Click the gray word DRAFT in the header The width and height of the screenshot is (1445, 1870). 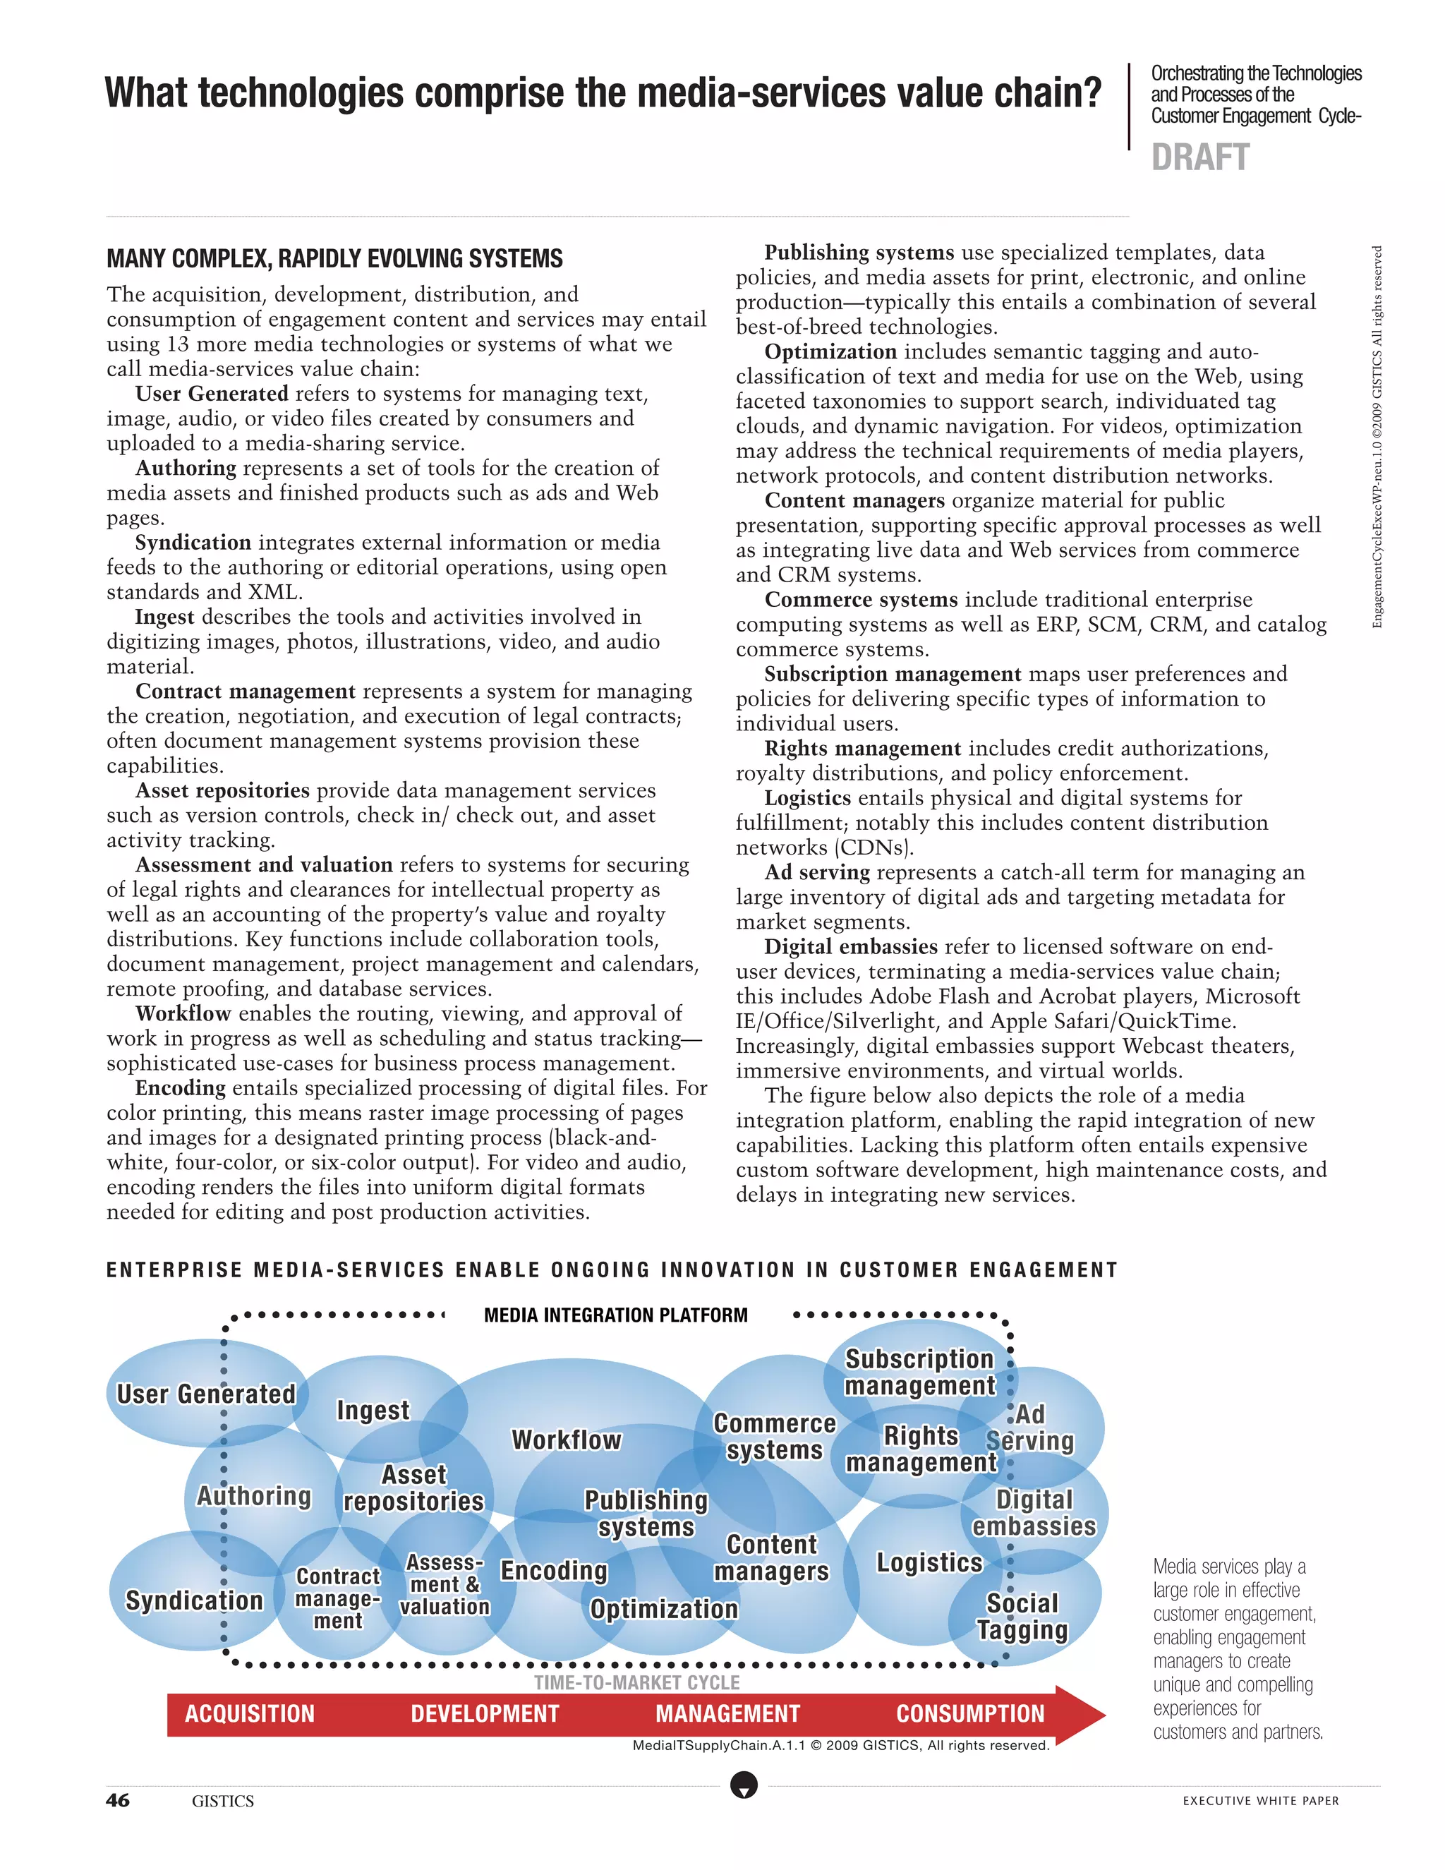[1200, 157]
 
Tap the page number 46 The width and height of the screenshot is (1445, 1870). [118, 1800]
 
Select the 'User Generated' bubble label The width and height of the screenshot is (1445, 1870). [205, 1394]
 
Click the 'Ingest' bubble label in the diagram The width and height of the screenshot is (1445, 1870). [373, 1410]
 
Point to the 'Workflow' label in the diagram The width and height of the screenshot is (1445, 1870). [566, 1440]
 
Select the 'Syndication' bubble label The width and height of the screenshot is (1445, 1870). [194, 1600]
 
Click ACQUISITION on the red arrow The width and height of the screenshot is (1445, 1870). [250, 1713]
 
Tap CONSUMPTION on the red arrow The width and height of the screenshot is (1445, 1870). [970, 1713]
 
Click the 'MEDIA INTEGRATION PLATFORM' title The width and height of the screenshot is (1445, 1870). [615, 1315]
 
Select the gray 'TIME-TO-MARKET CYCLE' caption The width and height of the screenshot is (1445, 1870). [637, 1682]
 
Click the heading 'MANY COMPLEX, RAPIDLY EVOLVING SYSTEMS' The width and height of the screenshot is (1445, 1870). [334, 258]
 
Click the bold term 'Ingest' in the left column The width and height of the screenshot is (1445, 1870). [164, 617]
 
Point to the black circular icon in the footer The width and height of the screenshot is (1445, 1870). [744, 1786]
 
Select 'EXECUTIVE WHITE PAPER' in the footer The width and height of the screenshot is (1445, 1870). [1260, 1801]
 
